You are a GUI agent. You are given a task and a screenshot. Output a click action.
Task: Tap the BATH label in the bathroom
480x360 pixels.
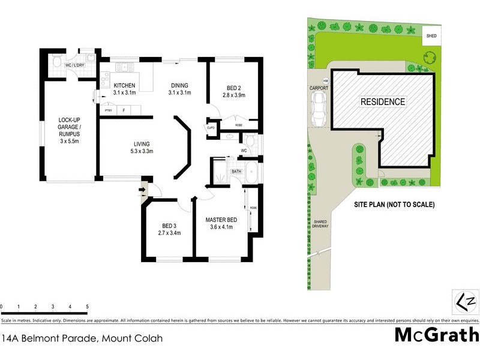click(236, 172)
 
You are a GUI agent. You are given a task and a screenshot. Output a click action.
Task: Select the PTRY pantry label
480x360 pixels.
click(109, 110)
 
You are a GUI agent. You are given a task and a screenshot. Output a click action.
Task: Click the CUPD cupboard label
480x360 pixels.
click(211, 128)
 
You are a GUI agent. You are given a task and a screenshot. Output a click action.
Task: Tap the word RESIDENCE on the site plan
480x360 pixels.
click(382, 101)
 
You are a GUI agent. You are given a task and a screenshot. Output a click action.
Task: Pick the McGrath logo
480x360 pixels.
click(436, 335)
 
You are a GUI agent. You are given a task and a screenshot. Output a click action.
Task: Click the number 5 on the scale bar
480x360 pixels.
click(88, 307)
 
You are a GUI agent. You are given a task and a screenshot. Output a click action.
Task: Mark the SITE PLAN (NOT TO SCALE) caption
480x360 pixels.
click(394, 205)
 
